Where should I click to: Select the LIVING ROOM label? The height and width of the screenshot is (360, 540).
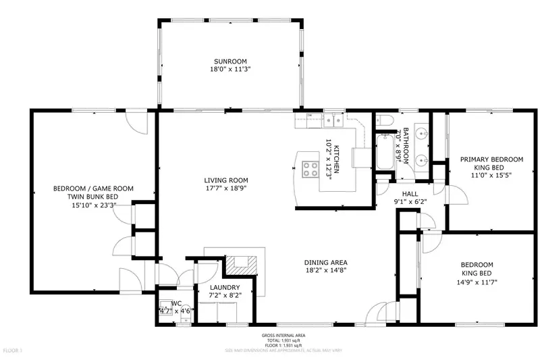[x=226, y=180]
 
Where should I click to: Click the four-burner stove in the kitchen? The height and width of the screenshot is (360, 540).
[x=311, y=168]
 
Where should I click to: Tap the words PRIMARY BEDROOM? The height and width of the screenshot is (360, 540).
[x=491, y=159]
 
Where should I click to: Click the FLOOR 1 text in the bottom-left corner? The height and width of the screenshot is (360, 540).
[x=13, y=351]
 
